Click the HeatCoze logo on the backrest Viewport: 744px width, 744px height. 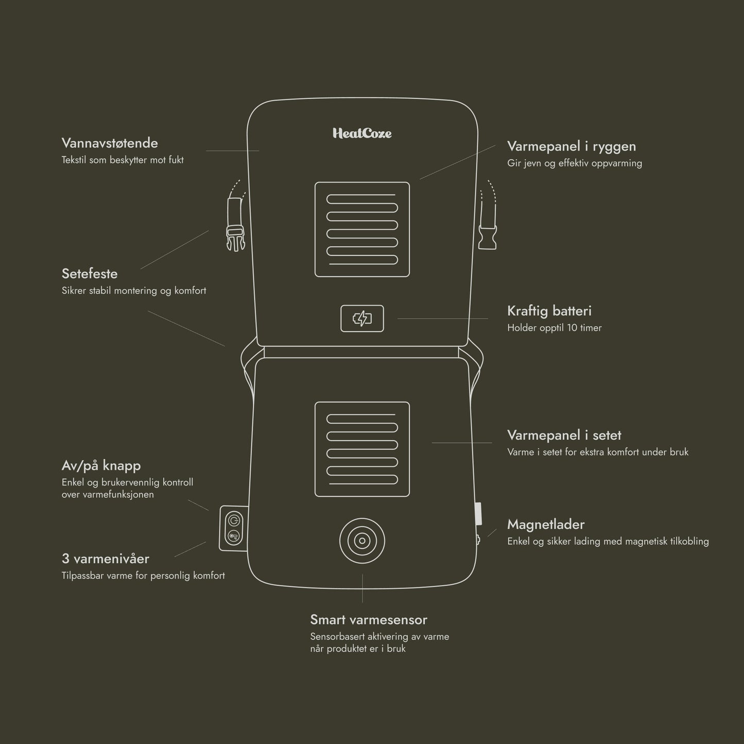pos(362,133)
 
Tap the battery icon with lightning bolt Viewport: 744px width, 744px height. pos(362,319)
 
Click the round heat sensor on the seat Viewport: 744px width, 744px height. pos(362,541)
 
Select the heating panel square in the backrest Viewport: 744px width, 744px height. pos(362,229)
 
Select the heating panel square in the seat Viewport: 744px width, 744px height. pos(362,449)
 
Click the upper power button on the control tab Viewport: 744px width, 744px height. pos(233,518)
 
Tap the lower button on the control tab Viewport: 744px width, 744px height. pos(233,537)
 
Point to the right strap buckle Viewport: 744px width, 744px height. pos(488,238)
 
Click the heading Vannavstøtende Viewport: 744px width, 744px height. pos(110,143)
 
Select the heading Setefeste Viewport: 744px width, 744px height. pos(90,273)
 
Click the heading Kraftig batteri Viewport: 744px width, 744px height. pos(549,311)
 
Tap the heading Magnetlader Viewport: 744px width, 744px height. pos(546,525)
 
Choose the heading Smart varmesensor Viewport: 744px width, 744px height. pos(369,620)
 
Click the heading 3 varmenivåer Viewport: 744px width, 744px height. pos(106,559)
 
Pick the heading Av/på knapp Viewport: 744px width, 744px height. pos(101,465)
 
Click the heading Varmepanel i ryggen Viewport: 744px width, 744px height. pos(572,146)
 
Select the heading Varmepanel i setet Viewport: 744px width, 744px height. pos(564,435)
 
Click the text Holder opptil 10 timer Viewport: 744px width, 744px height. pos(554,328)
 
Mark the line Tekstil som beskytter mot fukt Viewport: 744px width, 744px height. pos(123,160)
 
